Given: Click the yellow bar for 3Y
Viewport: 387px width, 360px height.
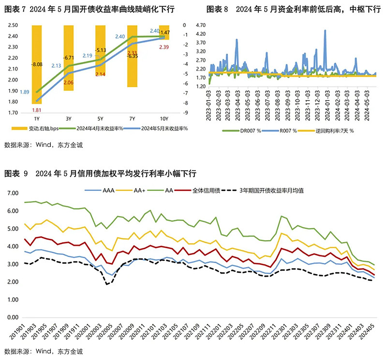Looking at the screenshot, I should tap(69, 58).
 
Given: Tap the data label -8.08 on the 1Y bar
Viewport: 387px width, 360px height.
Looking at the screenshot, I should tap(37, 64).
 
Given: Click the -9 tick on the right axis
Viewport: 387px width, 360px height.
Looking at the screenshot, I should tap(185, 113).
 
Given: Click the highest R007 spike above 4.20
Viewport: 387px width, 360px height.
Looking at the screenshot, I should tap(325, 30).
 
